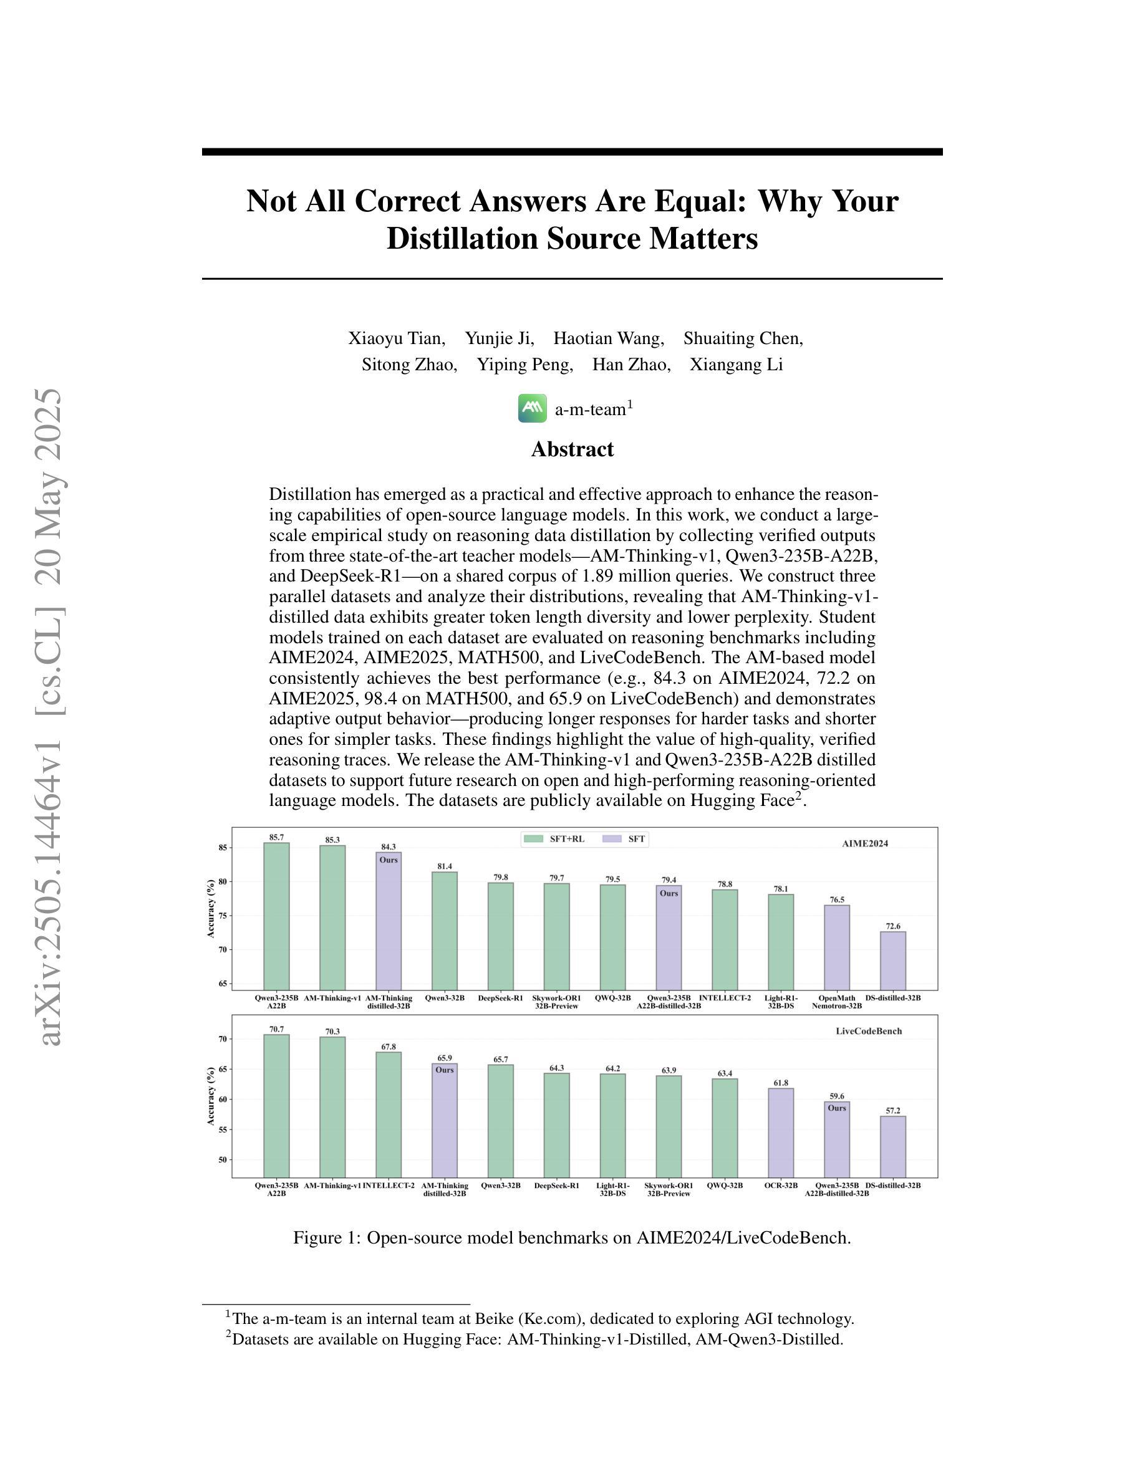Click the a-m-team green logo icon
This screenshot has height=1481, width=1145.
coord(533,408)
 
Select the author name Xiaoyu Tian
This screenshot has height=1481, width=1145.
coord(397,338)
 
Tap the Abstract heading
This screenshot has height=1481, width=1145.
coord(572,449)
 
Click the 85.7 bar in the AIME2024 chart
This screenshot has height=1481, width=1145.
coord(277,916)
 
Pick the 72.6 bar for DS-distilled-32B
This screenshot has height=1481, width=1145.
coord(893,961)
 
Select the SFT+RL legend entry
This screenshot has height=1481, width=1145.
coord(554,839)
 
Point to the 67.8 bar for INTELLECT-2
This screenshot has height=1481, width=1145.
coord(389,1115)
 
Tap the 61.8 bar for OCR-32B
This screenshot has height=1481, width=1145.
coord(781,1133)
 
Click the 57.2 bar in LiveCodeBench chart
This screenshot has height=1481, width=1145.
coord(893,1147)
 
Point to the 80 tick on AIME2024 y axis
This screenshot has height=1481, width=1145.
coord(222,881)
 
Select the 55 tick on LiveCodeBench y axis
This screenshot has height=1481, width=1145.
coord(222,1129)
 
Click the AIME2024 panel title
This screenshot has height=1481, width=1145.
coord(865,843)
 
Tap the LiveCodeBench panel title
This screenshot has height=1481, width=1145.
coord(869,1031)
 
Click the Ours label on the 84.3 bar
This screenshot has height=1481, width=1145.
coord(389,860)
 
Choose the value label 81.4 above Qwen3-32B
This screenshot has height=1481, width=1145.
coord(445,866)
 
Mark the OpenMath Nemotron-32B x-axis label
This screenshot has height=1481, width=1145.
coord(837,1002)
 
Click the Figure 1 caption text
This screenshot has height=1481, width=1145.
coord(572,1237)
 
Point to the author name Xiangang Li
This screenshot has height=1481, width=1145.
coord(737,365)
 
